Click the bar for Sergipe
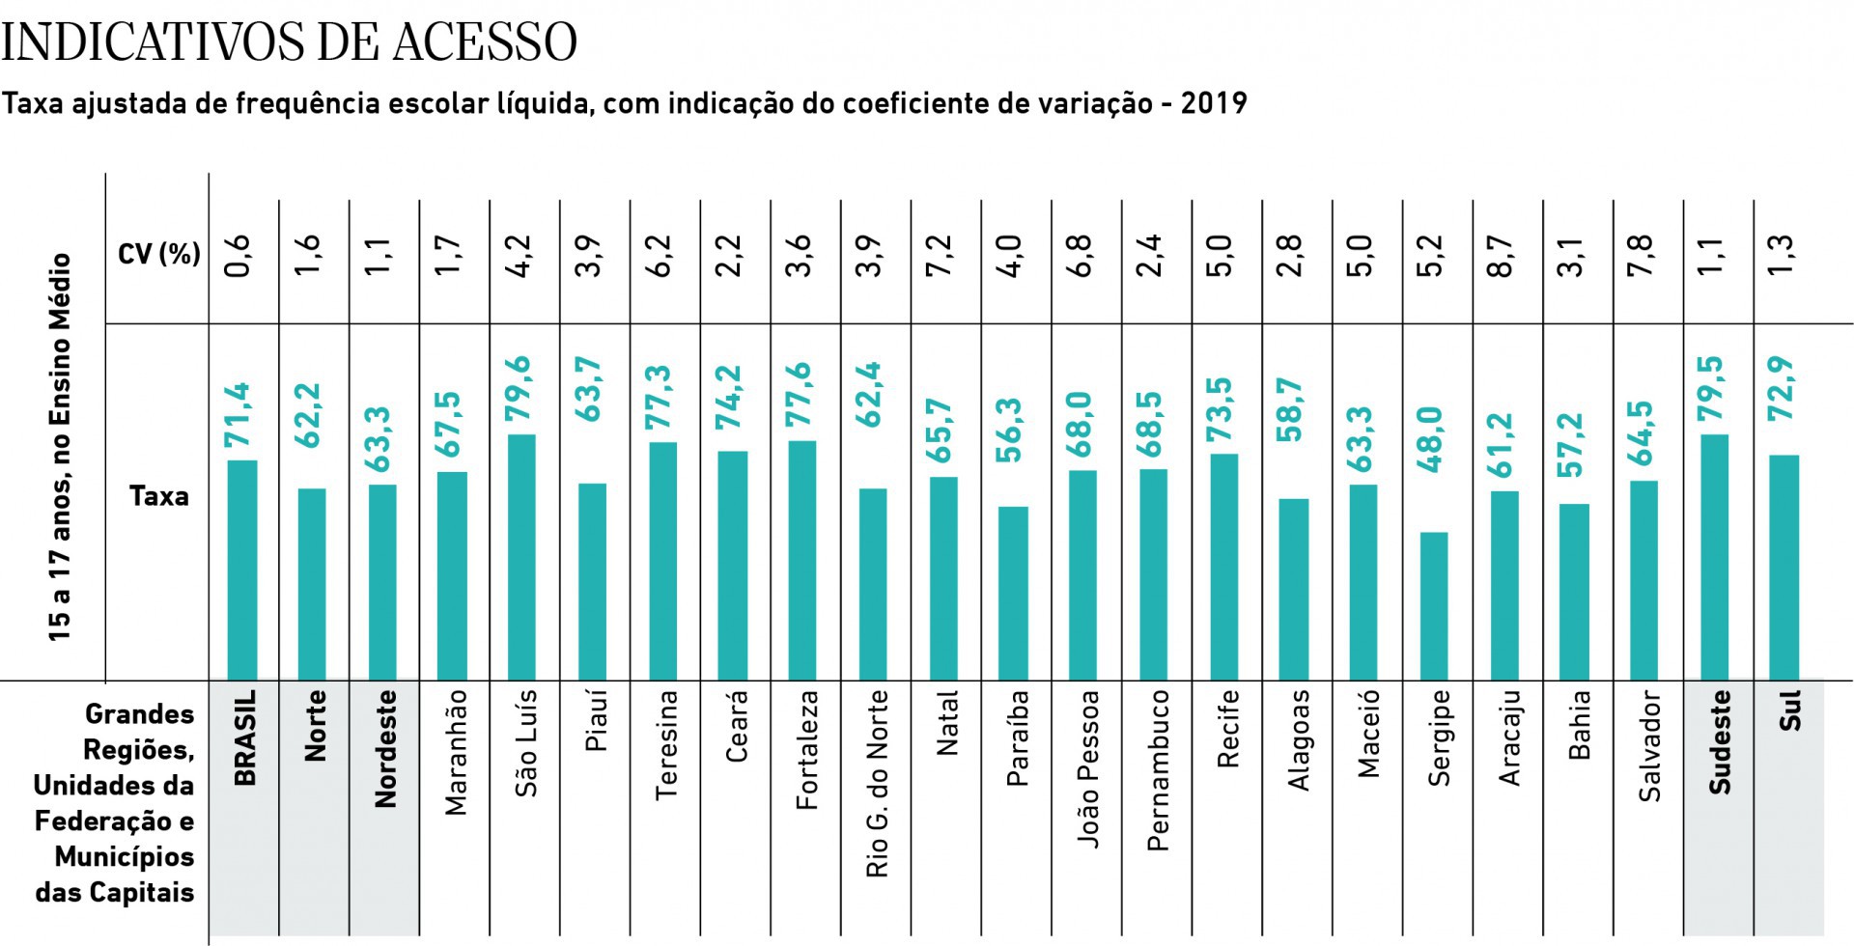(x=1434, y=606)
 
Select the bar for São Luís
(x=521, y=557)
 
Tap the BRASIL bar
(x=242, y=570)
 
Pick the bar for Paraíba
(x=1013, y=593)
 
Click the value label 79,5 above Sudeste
(x=1713, y=388)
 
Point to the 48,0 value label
(x=1432, y=439)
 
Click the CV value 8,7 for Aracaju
(x=1502, y=256)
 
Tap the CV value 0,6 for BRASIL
(x=239, y=256)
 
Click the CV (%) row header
(x=158, y=254)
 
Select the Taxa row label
(x=158, y=496)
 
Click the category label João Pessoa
(x=1088, y=768)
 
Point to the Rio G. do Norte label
(x=876, y=783)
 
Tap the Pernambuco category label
(x=1158, y=769)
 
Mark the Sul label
(x=1789, y=711)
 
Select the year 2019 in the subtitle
(x=1214, y=103)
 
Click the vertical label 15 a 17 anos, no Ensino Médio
(x=61, y=447)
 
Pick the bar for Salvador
(x=1643, y=580)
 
